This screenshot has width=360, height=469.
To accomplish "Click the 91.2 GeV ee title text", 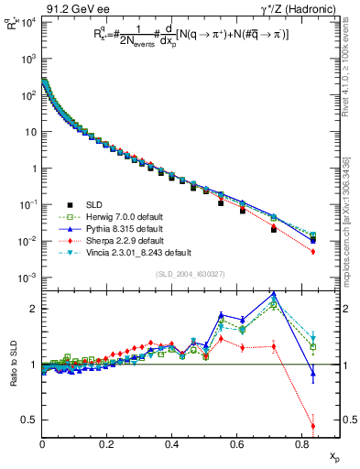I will tap(72, 7).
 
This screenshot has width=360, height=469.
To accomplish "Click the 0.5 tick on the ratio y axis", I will tap(30, 420).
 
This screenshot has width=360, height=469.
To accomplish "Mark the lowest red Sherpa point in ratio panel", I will tap(313, 426).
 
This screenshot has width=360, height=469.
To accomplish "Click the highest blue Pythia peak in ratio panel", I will tap(275, 294).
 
